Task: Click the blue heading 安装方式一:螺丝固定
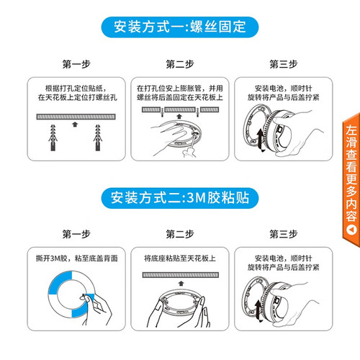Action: coord(180,27)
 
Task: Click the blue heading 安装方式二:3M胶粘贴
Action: coord(180,198)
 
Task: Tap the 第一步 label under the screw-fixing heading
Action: coord(76,64)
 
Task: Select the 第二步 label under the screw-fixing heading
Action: coord(180,64)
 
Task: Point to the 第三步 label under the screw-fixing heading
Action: coord(284,64)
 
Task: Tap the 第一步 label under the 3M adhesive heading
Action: coord(76,234)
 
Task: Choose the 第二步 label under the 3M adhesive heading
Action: coord(180,234)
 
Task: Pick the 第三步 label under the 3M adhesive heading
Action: coord(284,234)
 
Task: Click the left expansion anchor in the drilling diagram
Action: coord(53,138)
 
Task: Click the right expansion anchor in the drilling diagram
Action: coord(98,138)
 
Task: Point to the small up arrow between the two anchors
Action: coord(75,125)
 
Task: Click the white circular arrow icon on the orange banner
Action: coord(351,230)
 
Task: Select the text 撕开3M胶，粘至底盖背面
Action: coord(77,258)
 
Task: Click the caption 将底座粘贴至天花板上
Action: coord(180,258)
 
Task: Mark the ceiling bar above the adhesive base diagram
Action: coord(181,275)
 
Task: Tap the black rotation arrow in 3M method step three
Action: coord(258,311)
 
